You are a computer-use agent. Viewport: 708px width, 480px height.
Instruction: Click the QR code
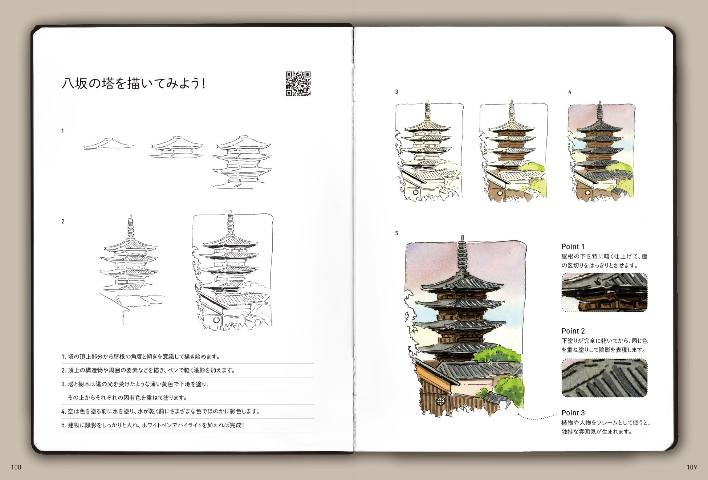[x=298, y=84]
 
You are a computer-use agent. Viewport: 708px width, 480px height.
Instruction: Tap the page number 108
[x=16, y=467]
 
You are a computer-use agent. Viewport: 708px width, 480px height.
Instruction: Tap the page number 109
[x=692, y=467]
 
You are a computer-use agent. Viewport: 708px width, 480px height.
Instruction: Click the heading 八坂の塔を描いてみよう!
[x=134, y=84]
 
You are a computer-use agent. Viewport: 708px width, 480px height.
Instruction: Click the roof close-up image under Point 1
[x=605, y=292]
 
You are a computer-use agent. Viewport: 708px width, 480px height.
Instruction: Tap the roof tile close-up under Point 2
[x=605, y=378]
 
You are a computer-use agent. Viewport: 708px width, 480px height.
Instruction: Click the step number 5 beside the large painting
[x=397, y=233]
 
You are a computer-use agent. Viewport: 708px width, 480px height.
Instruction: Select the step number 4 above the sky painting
[x=570, y=92]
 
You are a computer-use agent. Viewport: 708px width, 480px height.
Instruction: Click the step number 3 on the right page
[x=397, y=92]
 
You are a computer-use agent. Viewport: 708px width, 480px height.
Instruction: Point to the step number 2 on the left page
[x=63, y=221]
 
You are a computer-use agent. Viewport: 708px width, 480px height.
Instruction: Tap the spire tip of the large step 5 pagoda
[x=462, y=237]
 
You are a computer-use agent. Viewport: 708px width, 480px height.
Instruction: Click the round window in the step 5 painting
[x=440, y=401]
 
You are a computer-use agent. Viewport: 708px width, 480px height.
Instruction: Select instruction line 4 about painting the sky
[x=160, y=411]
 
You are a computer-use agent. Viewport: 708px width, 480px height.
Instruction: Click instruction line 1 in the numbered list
[x=141, y=357]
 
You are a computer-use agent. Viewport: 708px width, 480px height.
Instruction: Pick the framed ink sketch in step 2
[x=232, y=270]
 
